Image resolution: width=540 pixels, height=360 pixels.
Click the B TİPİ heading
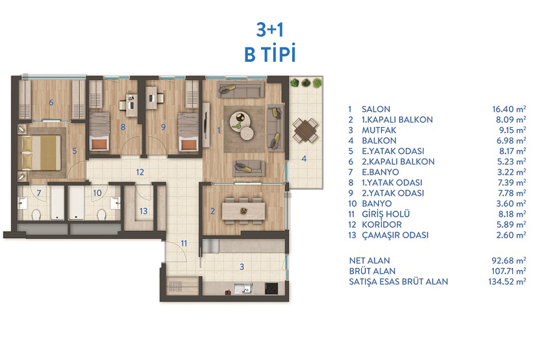tap(270, 54)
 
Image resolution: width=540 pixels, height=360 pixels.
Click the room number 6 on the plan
tap(51, 103)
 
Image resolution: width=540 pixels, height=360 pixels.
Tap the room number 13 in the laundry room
tap(143, 211)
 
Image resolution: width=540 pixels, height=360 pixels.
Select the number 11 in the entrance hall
tap(184, 244)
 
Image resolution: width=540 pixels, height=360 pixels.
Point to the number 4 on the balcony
tap(304, 159)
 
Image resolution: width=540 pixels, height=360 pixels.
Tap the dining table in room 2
tap(244, 211)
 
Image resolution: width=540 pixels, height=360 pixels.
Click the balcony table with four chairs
tap(305, 131)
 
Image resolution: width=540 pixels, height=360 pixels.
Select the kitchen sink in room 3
tap(244, 289)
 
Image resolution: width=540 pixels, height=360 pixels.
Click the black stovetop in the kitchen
tap(271, 289)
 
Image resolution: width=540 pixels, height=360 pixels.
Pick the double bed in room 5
tap(41, 152)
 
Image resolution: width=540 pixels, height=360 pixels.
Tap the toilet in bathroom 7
tap(37, 215)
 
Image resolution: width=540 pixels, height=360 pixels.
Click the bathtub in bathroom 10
tap(76, 203)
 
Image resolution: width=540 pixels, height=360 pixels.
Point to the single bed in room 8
tap(100, 131)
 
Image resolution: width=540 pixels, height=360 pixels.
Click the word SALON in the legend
tap(376, 109)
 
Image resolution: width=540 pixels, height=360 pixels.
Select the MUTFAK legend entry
tap(379, 130)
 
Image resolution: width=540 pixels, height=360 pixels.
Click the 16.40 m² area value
tap(509, 109)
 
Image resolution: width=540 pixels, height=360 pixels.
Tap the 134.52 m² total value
tap(507, 281)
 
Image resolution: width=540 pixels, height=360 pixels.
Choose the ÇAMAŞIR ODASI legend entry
tap(395, 235)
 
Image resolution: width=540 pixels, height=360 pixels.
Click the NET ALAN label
tap(370, 261)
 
